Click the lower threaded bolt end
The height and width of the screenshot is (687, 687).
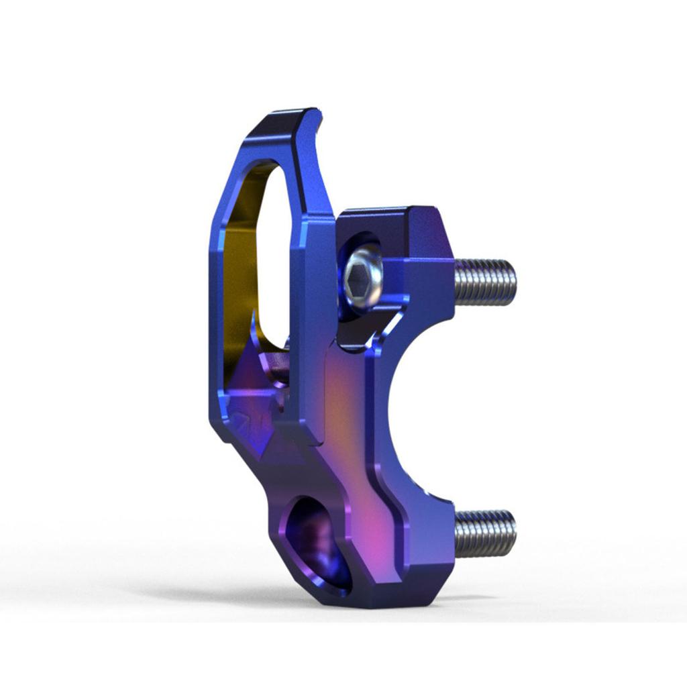[484, 533]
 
